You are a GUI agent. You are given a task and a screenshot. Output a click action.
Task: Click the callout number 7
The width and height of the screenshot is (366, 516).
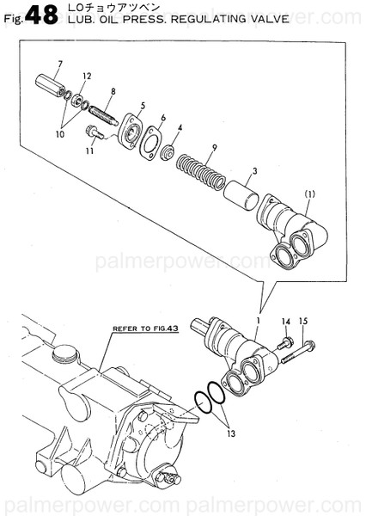pos(59,65)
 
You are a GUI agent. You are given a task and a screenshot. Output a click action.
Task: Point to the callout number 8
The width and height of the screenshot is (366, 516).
pos(113,91)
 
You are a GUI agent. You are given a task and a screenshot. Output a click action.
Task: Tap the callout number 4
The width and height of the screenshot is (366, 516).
pos(179,128)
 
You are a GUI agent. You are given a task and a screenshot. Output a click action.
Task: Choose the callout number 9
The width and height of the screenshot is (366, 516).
pos(213,148)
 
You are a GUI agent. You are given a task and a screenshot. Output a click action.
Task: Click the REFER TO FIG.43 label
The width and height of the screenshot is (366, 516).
pos(144,329)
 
